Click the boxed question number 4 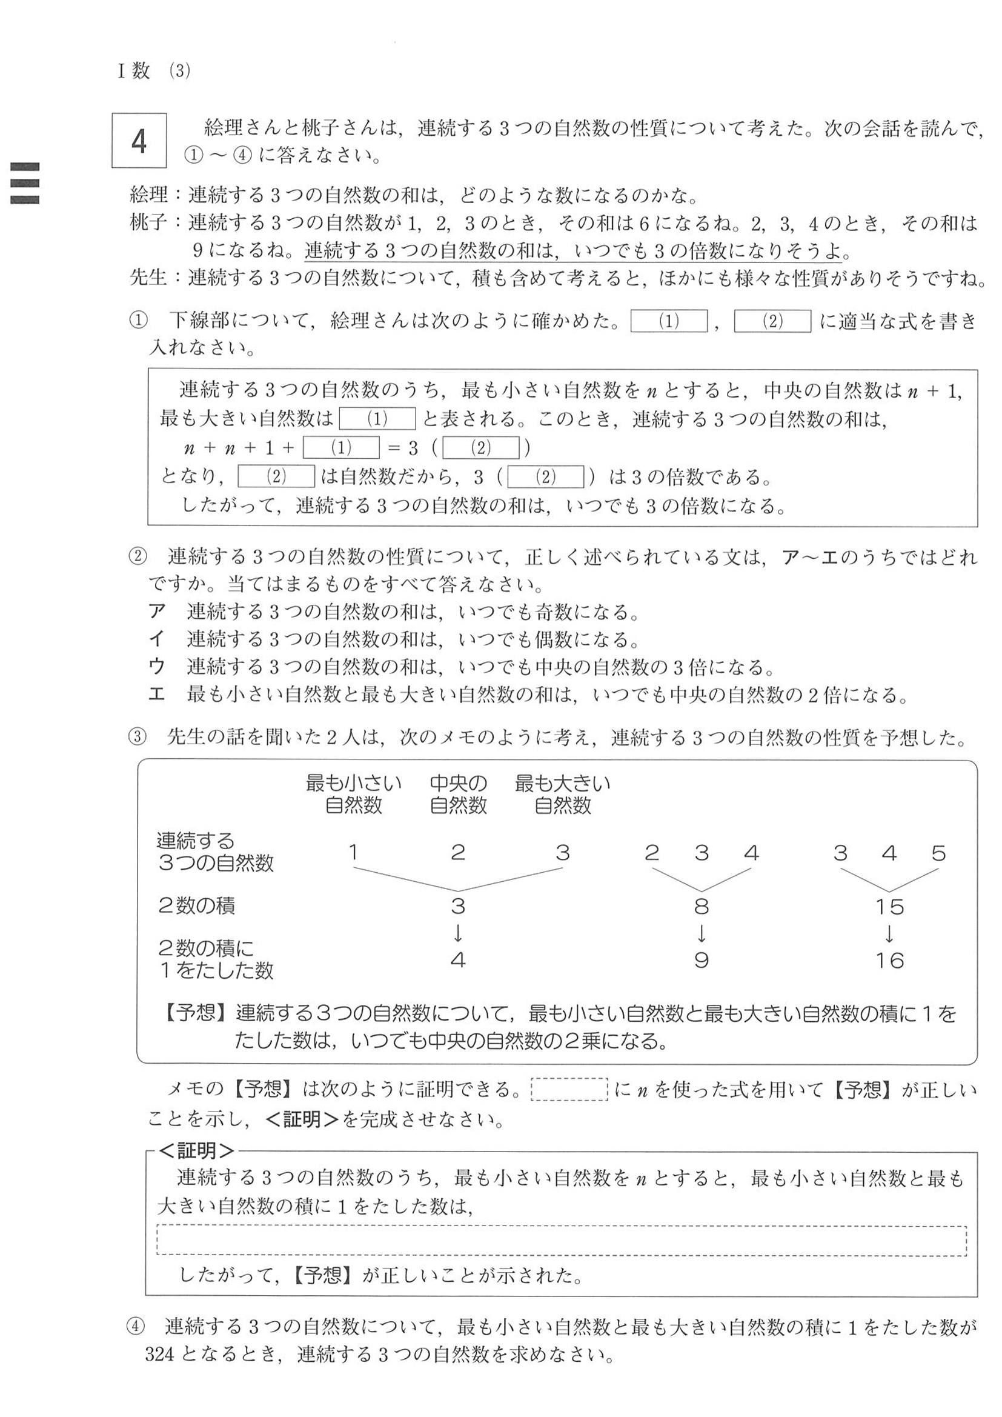139,141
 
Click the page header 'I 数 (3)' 154,71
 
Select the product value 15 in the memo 889,907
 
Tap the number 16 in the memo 889,960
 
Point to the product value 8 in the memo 701,907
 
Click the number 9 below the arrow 701,960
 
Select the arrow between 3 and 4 458,933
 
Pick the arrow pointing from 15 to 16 889,933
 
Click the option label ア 158,612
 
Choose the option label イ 158,639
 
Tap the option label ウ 158,667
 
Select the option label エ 158,695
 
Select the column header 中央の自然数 458,794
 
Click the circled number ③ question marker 138,737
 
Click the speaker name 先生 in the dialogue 148,277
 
